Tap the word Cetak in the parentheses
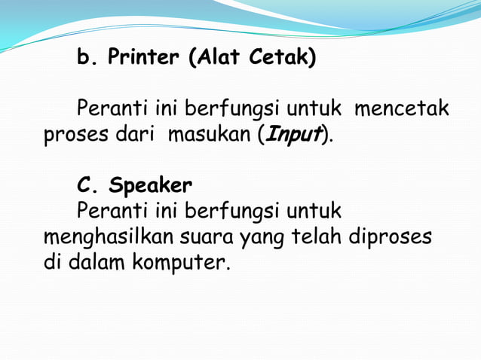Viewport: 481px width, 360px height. pyautogui.click(x=284, y=58)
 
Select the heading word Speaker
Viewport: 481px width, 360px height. pyautogui.click(x=150, y=185)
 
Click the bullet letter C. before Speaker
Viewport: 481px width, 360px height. pyautogui.click(x=87, y=185)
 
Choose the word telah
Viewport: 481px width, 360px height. pyautogui.click(x=315, y=238)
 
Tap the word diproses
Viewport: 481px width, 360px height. pyautogui.click(x=391, y=238)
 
